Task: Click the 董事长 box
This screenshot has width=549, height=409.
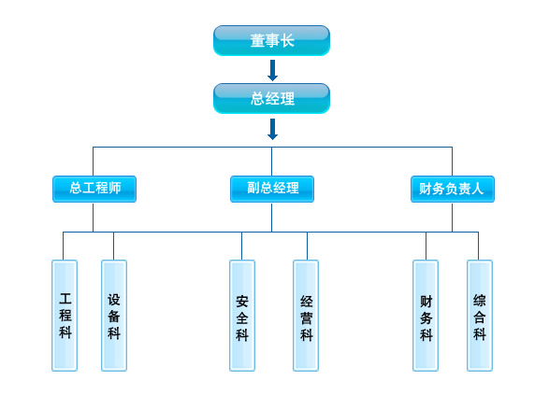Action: (271, 40)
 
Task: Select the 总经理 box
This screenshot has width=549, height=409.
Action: (271, 99)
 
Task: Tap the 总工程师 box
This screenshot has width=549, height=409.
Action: (94, 189)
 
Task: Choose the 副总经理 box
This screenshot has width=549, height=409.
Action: (272, 189)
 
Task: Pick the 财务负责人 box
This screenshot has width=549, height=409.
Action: (453, 189)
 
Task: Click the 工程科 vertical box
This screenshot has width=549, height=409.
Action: (65, 316)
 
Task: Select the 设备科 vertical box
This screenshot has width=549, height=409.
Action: (114, 316)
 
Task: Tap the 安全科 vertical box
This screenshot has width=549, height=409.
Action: (242, 316)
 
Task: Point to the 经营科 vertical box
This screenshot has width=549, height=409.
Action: (306, 316)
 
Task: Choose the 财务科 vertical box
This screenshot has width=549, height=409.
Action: (426, 316)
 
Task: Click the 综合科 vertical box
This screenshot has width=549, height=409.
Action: (480, 316)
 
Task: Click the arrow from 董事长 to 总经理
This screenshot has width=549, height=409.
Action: (272, 70)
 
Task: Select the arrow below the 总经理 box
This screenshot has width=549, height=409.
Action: (272, 129)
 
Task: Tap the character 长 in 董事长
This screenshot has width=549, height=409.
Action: (287, 40)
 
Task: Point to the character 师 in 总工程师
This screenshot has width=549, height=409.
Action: (115, 188)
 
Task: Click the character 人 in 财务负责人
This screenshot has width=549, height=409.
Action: (477, 189)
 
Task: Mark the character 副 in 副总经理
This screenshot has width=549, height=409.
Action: (253, 188)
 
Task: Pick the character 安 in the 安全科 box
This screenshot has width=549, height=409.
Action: (242, 302)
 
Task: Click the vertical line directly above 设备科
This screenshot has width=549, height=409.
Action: (113, 246)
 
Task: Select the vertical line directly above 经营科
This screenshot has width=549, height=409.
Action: (307, 246)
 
